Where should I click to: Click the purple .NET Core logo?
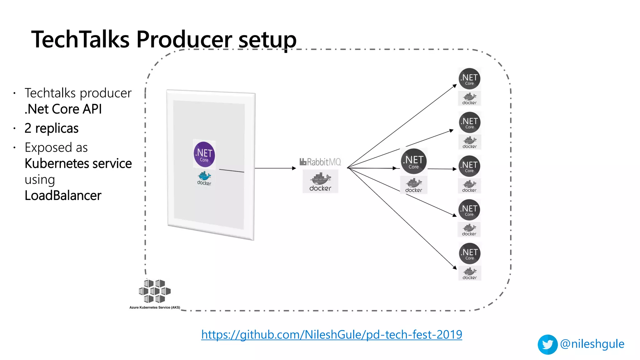[204, 154]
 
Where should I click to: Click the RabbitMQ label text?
[320, 162]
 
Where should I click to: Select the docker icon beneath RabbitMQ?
[320, 182]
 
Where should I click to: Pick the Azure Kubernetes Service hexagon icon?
[155, 291]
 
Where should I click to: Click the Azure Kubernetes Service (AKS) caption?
[155, 307]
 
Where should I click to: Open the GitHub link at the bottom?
[332, 334]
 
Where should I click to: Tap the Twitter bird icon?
[547, 344]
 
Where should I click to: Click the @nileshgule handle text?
[592, 344]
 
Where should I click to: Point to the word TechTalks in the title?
[80, 40]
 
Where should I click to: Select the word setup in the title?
[267, 40]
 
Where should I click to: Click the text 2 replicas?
[52, 128]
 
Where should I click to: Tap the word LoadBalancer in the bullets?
[63, 195]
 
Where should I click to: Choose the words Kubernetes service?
[78, 163]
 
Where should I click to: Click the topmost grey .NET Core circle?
[469, 78]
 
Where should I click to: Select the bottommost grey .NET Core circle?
[469, 253]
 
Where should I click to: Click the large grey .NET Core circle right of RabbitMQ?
[414, 162]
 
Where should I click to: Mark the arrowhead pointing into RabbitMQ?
[294, 168]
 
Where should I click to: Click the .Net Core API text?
[63, 109]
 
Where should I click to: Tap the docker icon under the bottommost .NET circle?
[469, 273]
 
